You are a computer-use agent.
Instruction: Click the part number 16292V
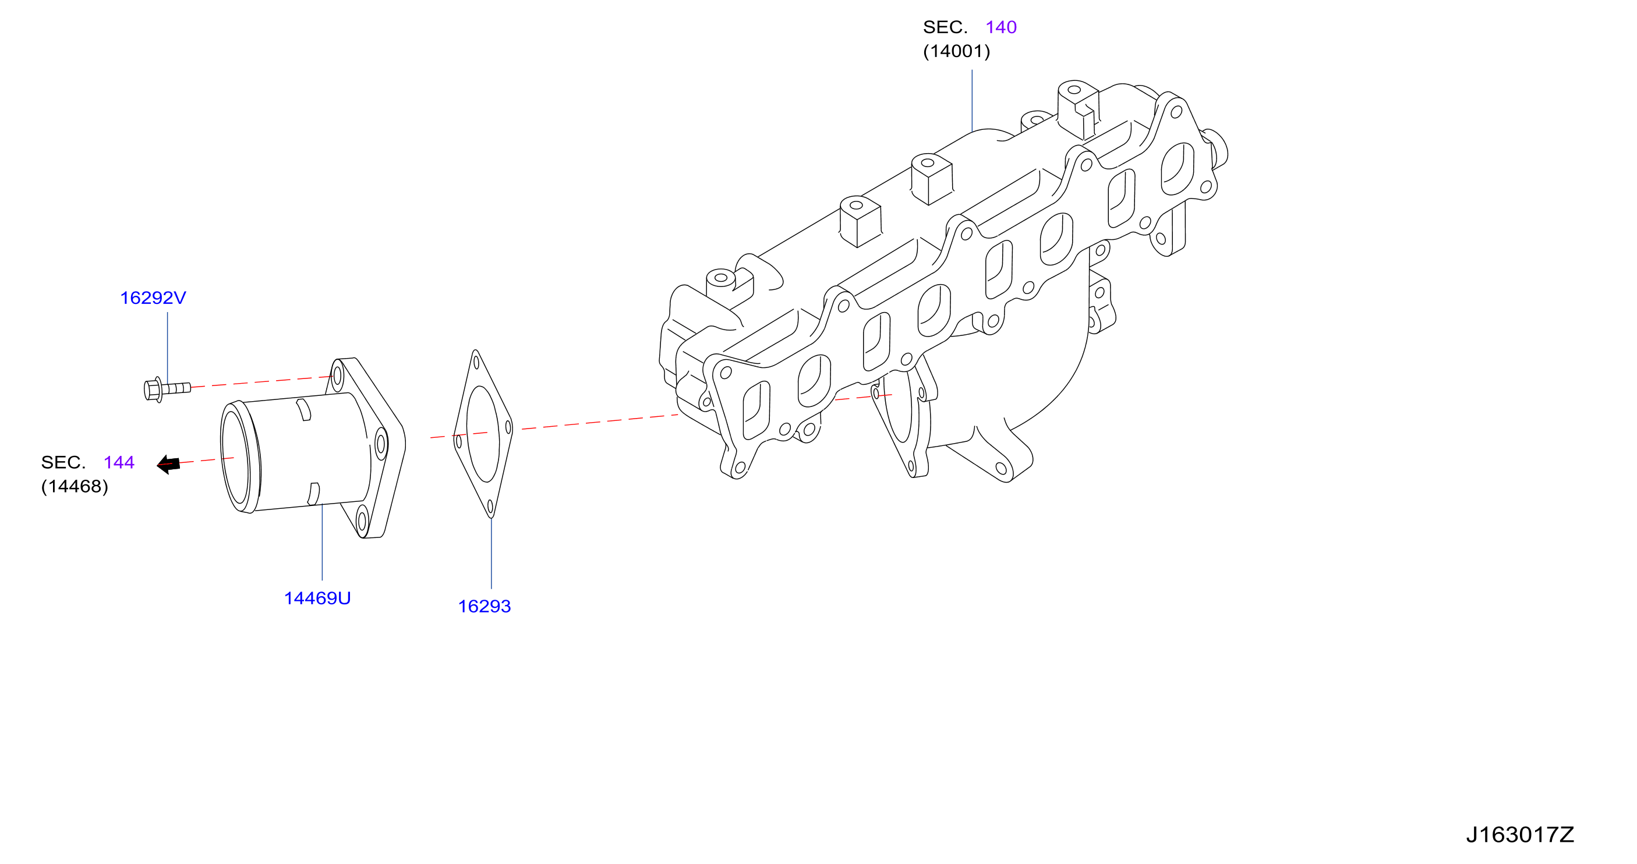point(153,298)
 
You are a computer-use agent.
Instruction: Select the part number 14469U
point(317,599)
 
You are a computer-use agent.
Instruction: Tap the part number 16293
point(485,607)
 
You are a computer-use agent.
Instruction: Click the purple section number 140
point(1001,27)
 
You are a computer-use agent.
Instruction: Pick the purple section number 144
point(119,462)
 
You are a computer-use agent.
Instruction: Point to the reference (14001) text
point(956,51)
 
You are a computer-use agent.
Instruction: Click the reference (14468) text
point(75,487)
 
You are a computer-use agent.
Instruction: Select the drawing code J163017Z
point(1520,835)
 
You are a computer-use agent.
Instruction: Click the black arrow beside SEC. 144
point(168,465)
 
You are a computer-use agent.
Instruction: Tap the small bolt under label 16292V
point(167,389)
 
